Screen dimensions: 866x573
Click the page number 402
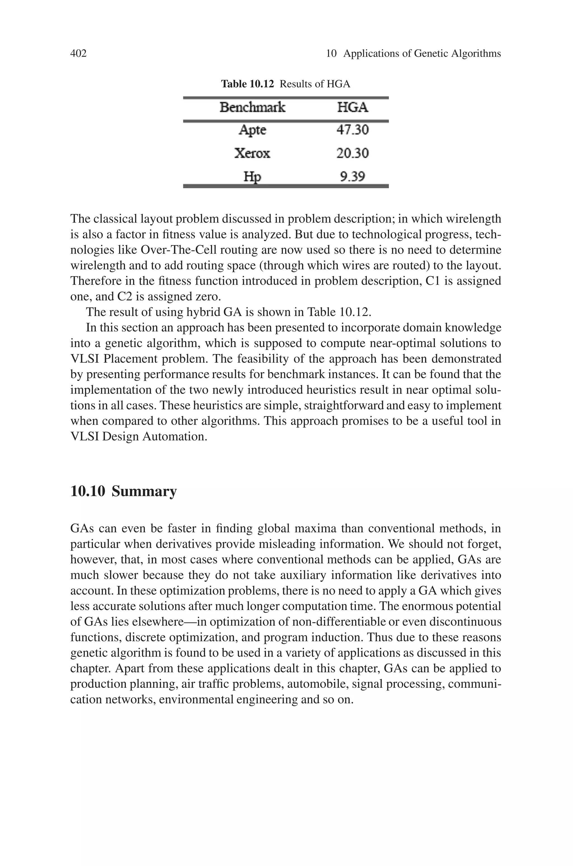coord(78,53)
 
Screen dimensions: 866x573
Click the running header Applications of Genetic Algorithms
coord(422,53)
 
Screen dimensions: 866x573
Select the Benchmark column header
coord(252,108)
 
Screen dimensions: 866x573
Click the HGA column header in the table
coord(352,108)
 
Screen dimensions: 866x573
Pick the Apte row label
coord(252,130)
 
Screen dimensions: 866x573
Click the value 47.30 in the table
coord(352,130)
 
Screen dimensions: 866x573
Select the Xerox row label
coord(252,153)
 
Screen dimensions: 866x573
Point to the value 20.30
coord(352,153)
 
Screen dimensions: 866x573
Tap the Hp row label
coord(252,177)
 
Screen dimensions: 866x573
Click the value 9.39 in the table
coord(352,177)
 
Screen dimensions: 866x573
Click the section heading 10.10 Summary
coord(123,491)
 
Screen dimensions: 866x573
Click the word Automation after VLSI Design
coord(174,436)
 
